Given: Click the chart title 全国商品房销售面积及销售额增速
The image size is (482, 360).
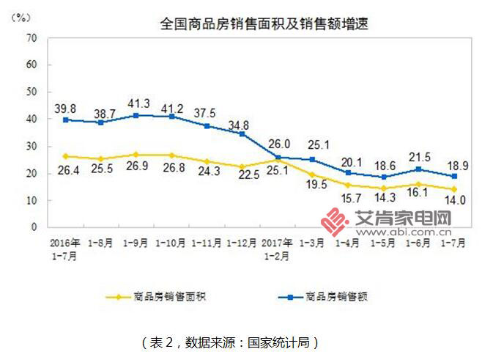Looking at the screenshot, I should (264, 23).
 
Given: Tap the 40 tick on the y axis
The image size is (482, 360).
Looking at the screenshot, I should (31, 119).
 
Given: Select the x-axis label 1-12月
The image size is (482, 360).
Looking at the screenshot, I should (241, 242).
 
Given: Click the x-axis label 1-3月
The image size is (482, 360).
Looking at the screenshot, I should (312, 242).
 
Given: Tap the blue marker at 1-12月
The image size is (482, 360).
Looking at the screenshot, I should (242, 133).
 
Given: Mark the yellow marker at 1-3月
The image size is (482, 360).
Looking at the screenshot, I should (312, 175).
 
